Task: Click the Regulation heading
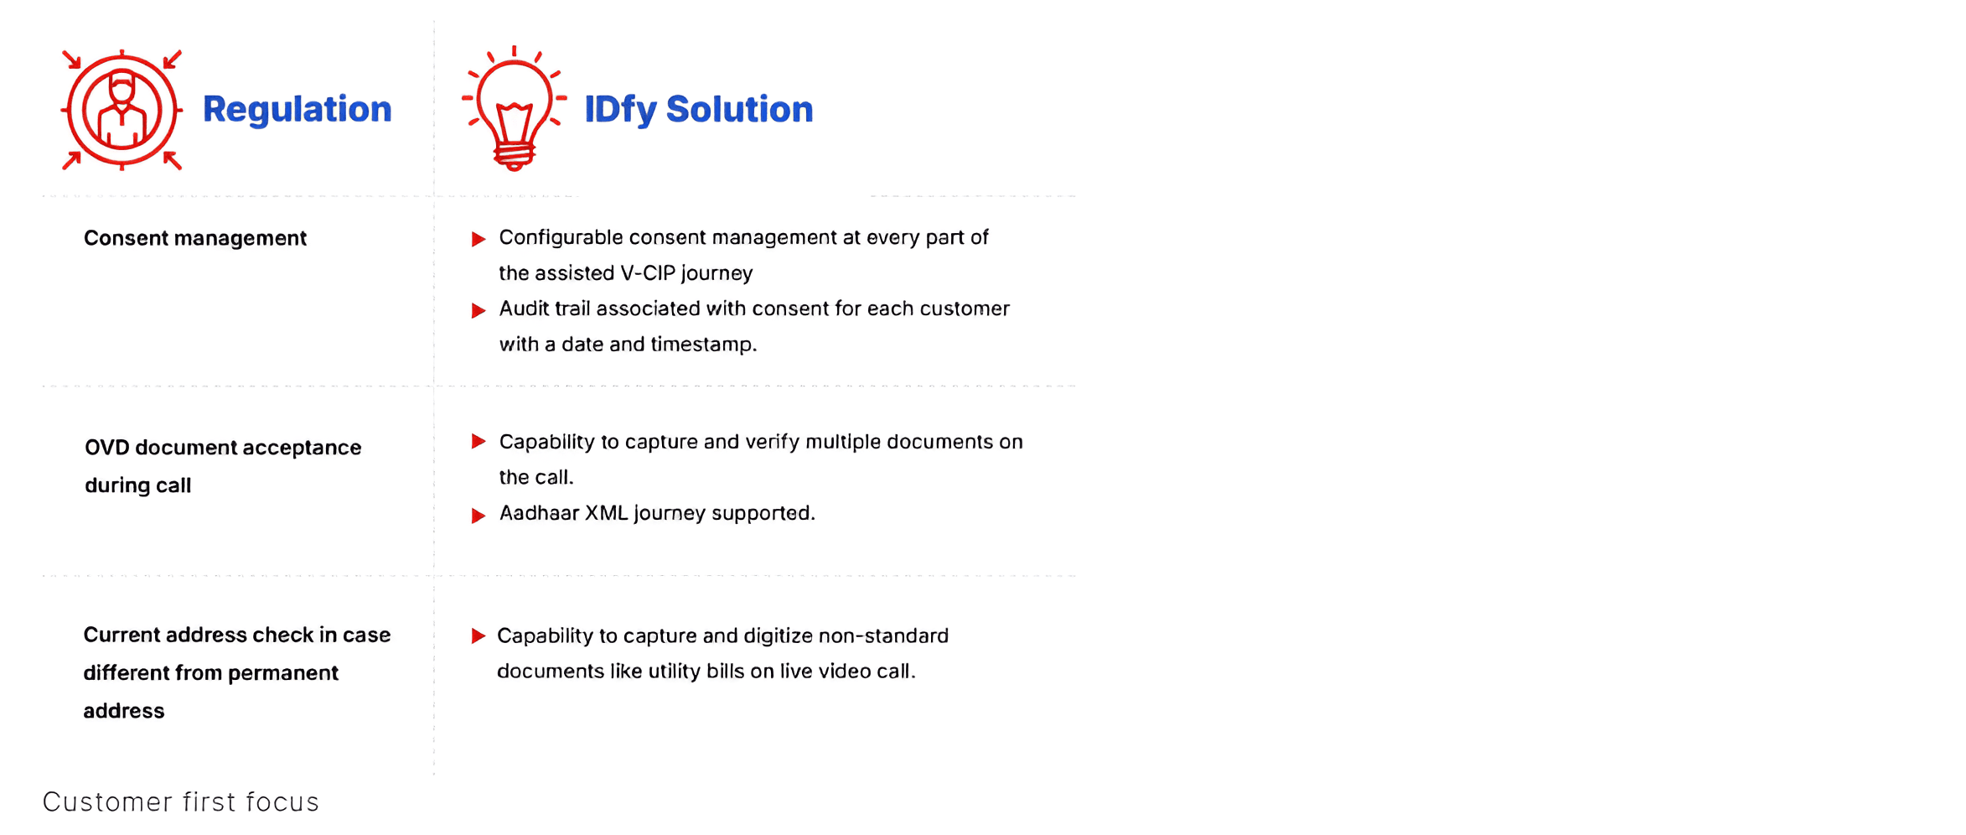click(297, 109)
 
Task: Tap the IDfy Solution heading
click(698, 110)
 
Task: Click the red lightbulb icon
click(515, 108)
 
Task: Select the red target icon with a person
click(122, 110)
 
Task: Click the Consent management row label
click(195, 238)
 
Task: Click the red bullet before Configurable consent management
click(479, 240)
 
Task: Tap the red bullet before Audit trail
click(479, 311)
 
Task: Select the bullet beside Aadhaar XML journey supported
click(479, 516)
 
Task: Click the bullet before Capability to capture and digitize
click(479, 636)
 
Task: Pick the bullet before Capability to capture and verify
click(479, 442)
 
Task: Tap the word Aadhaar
click(539, 513)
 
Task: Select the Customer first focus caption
click(181, 802)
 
